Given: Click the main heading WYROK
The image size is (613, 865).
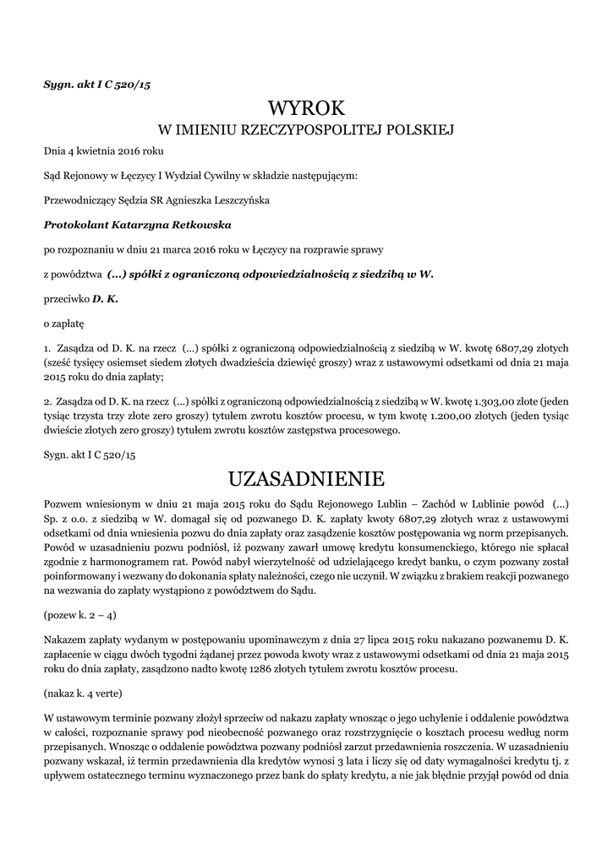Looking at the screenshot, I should pos(306,107).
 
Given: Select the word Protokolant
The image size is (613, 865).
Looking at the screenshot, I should pos(77,225).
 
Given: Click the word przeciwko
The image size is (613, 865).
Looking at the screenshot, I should pos(66,299).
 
